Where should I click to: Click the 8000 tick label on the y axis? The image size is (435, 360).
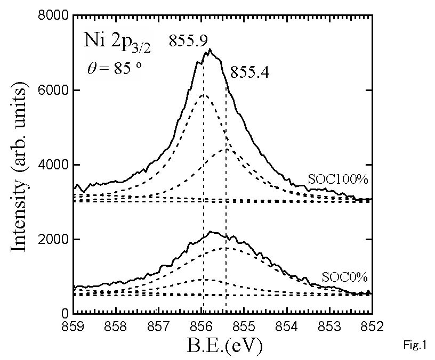53,16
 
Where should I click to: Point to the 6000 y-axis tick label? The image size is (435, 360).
53,91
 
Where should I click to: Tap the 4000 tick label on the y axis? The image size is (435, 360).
53,165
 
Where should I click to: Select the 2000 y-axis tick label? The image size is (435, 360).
53,240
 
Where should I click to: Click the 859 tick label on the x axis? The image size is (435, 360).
74,326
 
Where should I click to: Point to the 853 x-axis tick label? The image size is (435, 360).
329,326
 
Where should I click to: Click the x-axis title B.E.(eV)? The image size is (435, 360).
224,347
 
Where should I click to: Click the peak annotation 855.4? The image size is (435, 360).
250,72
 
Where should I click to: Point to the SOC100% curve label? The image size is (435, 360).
339,178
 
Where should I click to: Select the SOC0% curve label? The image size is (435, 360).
342,277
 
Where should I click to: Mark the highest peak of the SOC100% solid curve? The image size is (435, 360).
210,50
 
